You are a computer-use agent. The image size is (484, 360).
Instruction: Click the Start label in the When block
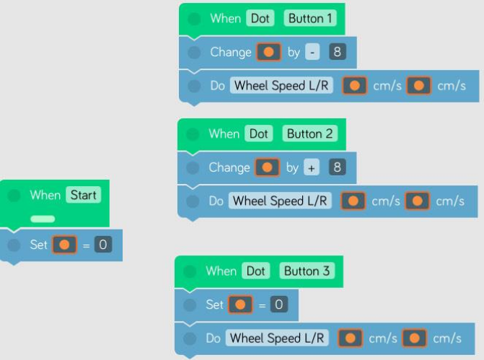[x=83, y=195]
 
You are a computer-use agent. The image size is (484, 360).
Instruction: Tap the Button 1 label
[x=311, y=18]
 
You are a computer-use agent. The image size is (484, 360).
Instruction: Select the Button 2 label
[x=310, y=133]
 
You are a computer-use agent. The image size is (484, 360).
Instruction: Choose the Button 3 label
[x=307, y=271]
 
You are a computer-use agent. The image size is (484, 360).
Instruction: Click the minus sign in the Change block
[x=311, y=52]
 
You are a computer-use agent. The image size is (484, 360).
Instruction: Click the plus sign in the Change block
[x=311, y=167]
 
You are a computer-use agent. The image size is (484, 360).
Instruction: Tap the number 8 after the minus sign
[x=336, y=52]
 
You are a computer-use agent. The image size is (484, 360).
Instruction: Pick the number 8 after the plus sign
[x=336, y=167]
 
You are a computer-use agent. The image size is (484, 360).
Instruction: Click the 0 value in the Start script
[x=103, y=245]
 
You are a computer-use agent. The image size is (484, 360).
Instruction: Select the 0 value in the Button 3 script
[x=279, y=304]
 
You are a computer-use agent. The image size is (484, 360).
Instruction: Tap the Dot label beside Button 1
[x=260, y=18]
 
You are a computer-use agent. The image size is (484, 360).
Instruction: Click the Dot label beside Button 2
[x=258, y=133]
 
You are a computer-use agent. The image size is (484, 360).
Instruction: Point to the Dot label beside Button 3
[x=255, y=271]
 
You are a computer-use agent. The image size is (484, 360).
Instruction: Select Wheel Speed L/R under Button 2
[x=281, y=201]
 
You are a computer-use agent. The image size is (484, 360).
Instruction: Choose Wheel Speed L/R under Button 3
[x=278, y=338]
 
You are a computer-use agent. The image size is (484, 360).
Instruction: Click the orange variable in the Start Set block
[x=63, y=245]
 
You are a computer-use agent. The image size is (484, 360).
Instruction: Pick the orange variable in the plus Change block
[x=267, y=167]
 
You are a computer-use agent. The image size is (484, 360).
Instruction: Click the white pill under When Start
[x=43, y=218]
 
